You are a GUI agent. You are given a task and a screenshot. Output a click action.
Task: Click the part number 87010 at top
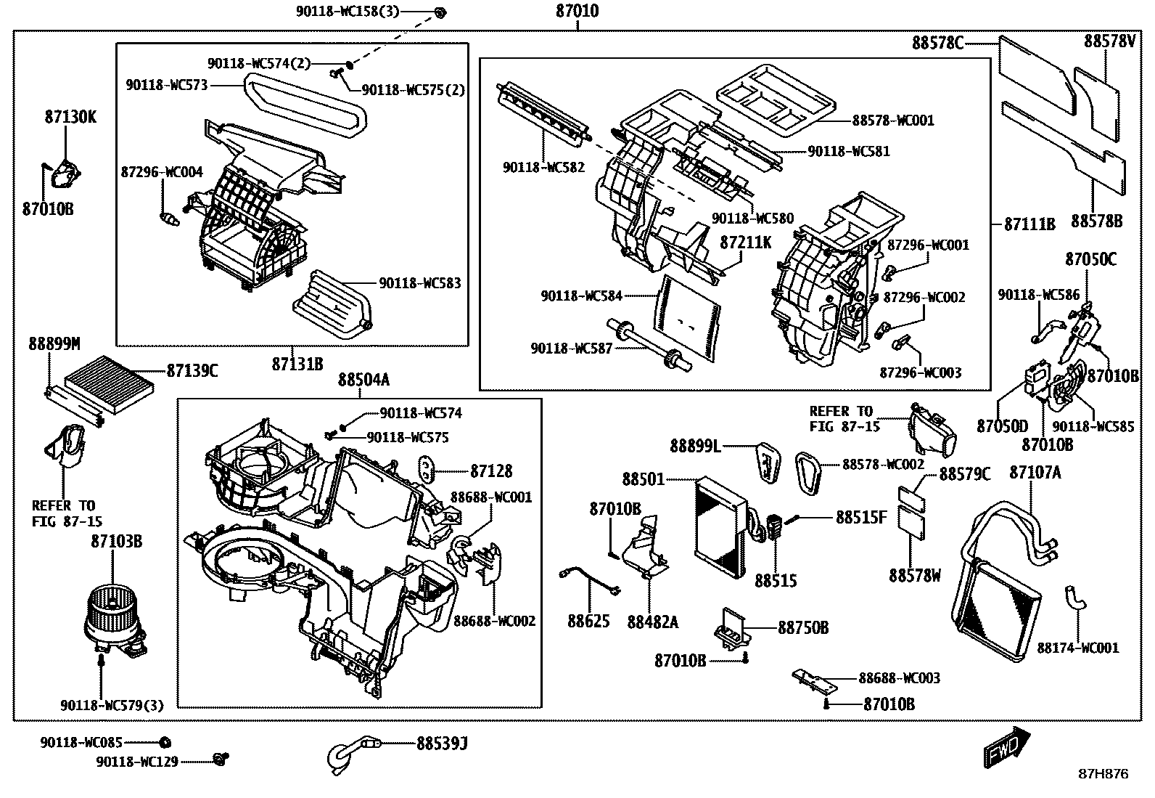coord(577,12)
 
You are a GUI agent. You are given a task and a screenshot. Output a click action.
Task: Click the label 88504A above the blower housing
coord(363,380)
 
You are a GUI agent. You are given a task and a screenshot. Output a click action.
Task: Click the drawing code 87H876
coord(1103,774)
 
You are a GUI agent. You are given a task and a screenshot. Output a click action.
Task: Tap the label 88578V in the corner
coord(1109,42)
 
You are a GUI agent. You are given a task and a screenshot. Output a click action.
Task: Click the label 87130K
coord(70,117)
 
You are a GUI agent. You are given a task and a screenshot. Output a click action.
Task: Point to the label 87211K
coord(745,243)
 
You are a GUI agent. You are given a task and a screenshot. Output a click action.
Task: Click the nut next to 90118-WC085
coord(165,742)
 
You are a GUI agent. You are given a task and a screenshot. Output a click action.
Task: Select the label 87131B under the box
coord(297,364)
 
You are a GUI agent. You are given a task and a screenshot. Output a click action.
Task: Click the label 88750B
coord(802,627)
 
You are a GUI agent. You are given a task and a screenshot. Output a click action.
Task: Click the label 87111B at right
coord(1029,224)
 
